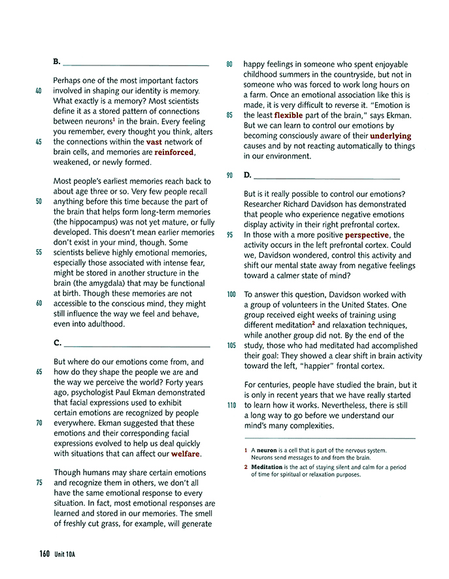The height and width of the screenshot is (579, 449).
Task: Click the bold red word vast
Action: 154,141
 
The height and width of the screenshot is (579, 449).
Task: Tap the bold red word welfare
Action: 186,453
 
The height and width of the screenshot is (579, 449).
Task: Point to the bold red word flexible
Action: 288,115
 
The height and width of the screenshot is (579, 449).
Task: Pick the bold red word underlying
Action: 391,136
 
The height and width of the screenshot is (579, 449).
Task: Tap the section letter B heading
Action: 57,61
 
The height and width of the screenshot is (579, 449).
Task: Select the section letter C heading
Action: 57,342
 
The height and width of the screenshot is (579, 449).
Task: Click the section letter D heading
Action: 247,175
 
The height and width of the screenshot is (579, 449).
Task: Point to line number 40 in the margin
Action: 38,90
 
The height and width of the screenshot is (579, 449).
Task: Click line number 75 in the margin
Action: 38,483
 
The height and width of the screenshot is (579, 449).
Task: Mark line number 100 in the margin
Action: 231,294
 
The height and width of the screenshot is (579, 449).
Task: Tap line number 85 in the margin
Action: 229,115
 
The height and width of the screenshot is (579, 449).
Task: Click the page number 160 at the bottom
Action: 44,553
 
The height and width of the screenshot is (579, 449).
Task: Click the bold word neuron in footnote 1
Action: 269,450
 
